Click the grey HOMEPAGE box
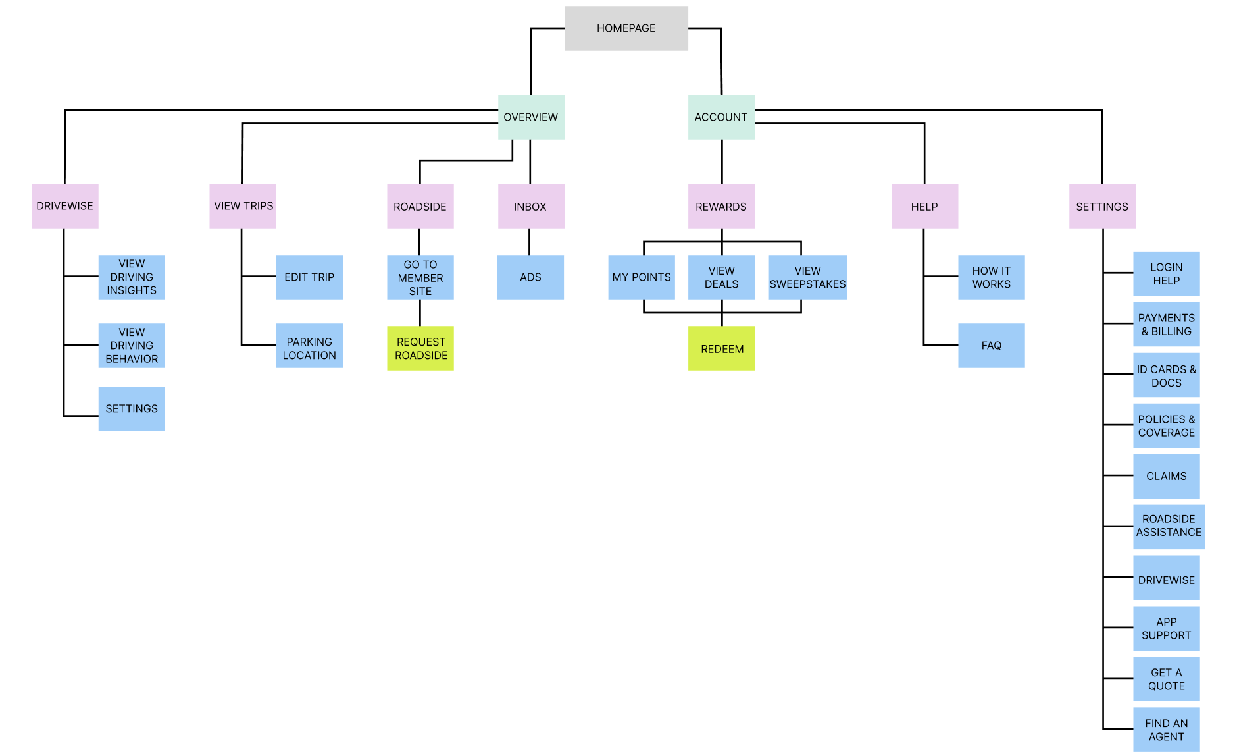pyautogui.click(x=626, y=28)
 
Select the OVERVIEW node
pyautogui.click(x=531, y=117)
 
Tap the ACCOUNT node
pyautogui.click(x=721, y=117)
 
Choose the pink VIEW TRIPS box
pyautogui.click(x=243, y=206)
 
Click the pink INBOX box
pyautogui.click(x=531, y=206)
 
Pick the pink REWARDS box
pyautogui.click(x=721, y=206)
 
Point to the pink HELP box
pyautogui.click(x=924, y=206)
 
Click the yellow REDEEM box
pyautogui.click(x=721, y=348)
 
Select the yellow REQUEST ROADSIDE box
pyautogui.click(x=420, y=348)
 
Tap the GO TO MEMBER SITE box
pyautogui.click(x=420, y=277)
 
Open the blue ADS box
pyautogui.click(x=530, y=277)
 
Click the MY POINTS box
pyautogui.click(x=642, y=277)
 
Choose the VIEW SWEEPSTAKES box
pyautogui.click(x=807, y=277)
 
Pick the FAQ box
pyautogui.click(x=991, y=346)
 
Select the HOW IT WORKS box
pyautogui.click(x=991, y=277)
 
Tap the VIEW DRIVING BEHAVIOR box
pyautogui.click(x=132, y=346)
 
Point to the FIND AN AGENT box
pyautogui.click(x=1166, y=730)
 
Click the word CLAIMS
pyautogui.click(x=1166, y=476)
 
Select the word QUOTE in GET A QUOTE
pyautogui.click(x=1166, y=686)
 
